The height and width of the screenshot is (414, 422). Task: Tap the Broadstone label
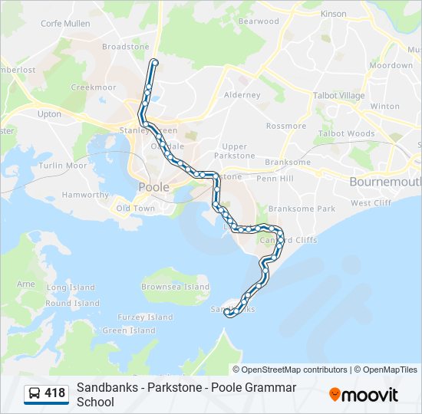tap(125, 47)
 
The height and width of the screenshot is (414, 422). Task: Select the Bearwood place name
tap(259, 21)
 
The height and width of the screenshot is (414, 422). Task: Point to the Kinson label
tap(334, 14)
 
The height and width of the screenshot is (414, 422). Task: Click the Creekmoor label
tap(94, 87)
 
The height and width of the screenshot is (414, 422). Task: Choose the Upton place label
tap(49, 114)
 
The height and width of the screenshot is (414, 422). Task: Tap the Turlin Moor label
tap(63, 166)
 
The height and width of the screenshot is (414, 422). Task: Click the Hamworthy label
tap(85, 195)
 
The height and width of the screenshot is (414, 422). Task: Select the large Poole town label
tap(153, 187)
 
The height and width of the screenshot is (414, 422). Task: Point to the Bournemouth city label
tap(384, 182)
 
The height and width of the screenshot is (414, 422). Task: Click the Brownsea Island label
tap(175, 287)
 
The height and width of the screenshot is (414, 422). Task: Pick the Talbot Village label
tap(338, 96)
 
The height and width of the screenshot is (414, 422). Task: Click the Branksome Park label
tap(302, 209)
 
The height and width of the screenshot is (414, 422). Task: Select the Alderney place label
tap(242, 95)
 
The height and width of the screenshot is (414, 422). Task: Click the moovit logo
tap(364, 394)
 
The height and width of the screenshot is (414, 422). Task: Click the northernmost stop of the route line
tap(155, 62)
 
